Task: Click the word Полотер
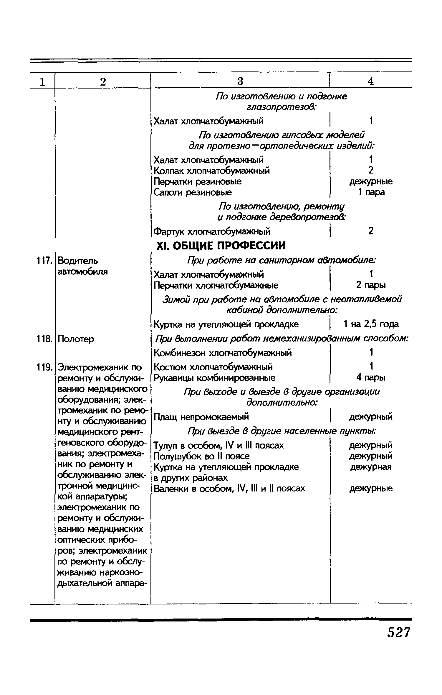[x=76, y=339]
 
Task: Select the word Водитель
[x=78, y=261]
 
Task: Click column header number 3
[x=240, y=81]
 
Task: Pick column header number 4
[x=370, y=81]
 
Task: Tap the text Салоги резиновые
[x=193, y=192]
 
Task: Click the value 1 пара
[x=371, y=192]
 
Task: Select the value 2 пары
[x=371, y=285]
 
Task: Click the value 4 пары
[x=371, y=377]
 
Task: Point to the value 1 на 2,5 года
[x=371, y=324]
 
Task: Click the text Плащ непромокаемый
[x=201, y=417]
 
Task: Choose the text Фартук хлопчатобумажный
[x=212, y=232]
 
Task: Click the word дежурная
[x=371, y=467]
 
